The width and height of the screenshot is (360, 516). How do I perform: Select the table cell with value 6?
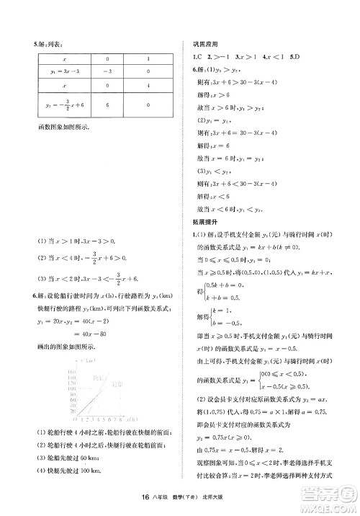tap(107, 104)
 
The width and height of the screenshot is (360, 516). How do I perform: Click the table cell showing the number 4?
tap(148, 86)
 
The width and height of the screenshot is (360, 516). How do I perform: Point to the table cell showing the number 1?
tap(148, 59)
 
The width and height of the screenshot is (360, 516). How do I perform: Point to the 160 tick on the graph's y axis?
tap(72, 372)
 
